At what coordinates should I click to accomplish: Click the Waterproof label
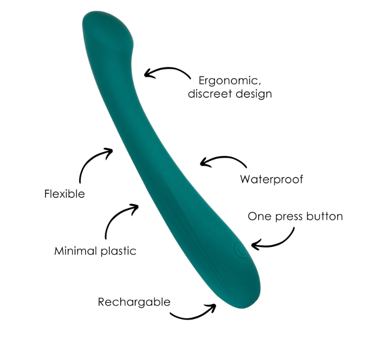[271, 179]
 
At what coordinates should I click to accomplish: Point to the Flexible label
[64, 194]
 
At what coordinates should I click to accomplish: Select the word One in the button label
[259, 216]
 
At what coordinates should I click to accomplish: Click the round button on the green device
[240, 250]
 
